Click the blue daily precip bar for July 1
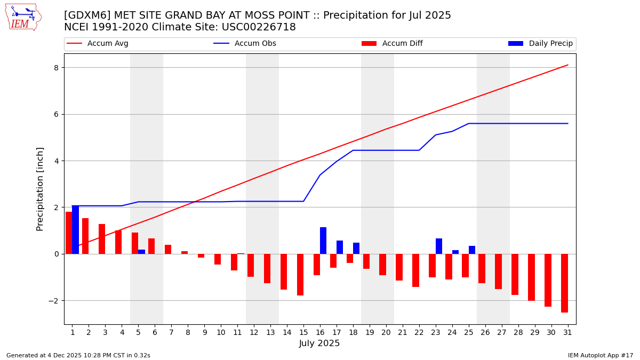pyautogui.click(x=75, y=229)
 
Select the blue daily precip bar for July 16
pyautogui.click(x=323, y=241)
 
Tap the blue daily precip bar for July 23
pyautogui.click(x=439, y=246)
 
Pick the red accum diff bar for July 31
pyautogui.click(x=564, y=283)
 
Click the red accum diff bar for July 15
pyautogui.click(x=300, y=275)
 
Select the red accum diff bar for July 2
pyautogui.click(x=85, y=236)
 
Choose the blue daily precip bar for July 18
pyautogui.click(x=356, y=248)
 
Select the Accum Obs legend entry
pyautogui.click(x=255, y=44)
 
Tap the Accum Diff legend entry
pyautogui.click(x=402, y=44)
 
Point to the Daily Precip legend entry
pyautogui.click(x=550, y=44)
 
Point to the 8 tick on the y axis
pyautogui.click(x=55, y=67)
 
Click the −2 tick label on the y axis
pyautogui.click(x=53, y=301)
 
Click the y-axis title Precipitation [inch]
pyautogui.click(x=40, y=189)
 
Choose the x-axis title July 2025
pyautogui.click(x=319, y=343)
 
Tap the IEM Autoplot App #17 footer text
pyautogui.click(x=600, y=355)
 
